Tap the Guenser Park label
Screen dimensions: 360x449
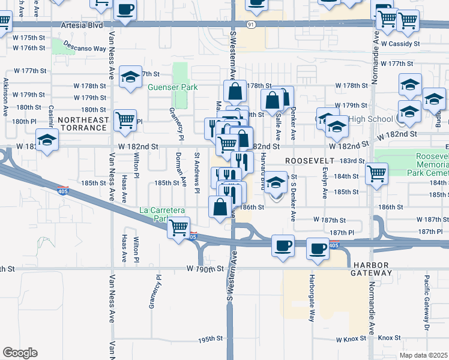point(173,88)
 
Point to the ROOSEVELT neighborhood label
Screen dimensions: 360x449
point(309,161)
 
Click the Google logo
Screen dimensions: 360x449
point(20,353)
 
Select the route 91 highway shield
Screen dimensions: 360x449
point(250,24)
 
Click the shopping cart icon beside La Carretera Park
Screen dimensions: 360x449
point(179,229)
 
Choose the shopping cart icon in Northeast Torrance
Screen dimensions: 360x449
point(125,119)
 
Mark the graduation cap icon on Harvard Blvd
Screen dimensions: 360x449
point(276,182)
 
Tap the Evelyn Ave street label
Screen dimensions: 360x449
point(324,184)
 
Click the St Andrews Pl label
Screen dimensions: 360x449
point(196,172)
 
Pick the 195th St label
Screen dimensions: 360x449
point(212,339)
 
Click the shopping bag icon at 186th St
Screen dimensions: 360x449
point(219,207)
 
